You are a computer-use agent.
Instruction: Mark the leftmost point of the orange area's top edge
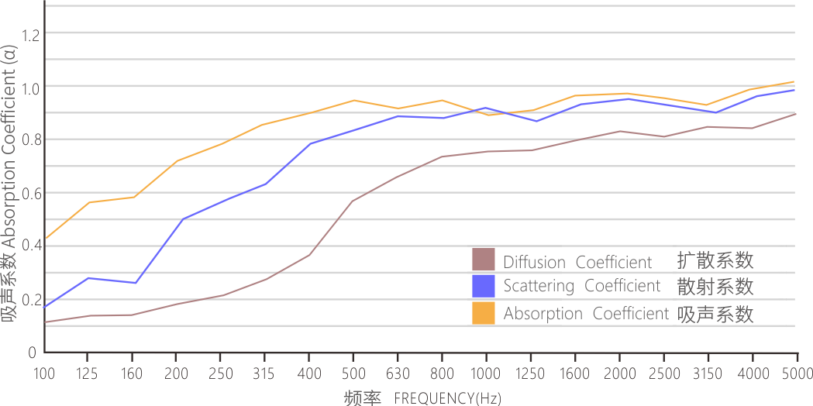pyautogui.click(x=45, y=238)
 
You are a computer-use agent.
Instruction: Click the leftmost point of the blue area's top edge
pyautogui.click(x=45, y=307)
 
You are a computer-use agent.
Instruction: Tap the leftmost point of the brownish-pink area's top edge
pyautogui.click(x=45, y=321)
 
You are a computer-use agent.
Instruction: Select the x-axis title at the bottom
pyautogui.click(x=370, y=398)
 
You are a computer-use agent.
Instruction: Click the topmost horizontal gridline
pyautogui.click(x=426, y=5)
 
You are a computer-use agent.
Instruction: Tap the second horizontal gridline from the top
pyautogui.click(x=426, y=32)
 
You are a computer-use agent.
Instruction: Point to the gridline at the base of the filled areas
pyautogui.click(x=233, y=325)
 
